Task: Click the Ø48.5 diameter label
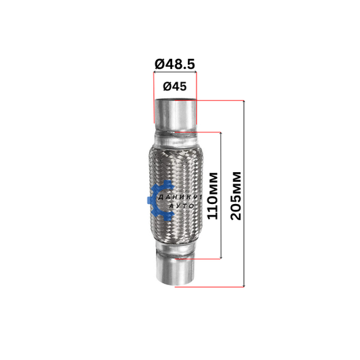(175, 64)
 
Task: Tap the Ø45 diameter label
(175, 86)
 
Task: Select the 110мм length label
(212, 196)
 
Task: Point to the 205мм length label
(236, 196)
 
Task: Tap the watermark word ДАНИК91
(180, 197)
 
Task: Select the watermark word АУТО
(182, 206)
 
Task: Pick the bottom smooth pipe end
(175, 270)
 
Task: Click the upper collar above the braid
(176, 139)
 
